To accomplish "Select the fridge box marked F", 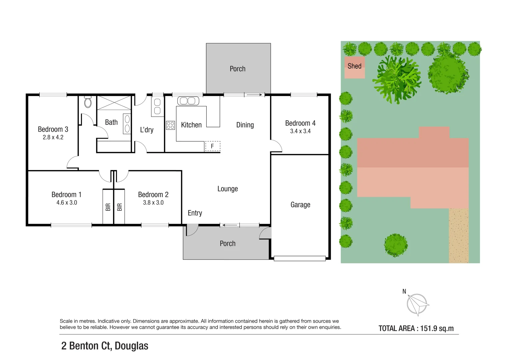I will [x=212, y=146].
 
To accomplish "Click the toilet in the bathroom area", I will [x=88, y=102].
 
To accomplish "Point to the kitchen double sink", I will [x=188, y=101].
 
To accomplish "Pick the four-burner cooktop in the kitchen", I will [x=170, y=125].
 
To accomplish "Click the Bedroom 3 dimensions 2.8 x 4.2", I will [x=53, y=137].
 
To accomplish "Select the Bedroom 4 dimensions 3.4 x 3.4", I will [x=300, y=131].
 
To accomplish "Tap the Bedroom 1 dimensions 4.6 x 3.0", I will [x=67, y=203].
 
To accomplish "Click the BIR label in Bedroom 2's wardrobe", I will [x=120, y=207].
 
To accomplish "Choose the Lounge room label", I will [x=228, y=189].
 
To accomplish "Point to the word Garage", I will [x=300, y=205].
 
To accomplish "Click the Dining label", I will [x=245, y=125].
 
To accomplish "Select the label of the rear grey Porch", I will [x=237, y=69].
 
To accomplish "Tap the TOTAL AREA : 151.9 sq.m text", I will [x=416, y=328].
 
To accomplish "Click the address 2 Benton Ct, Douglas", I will [x=105, y=346].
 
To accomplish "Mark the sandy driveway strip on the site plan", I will [x=459, y=235].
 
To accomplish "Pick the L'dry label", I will [x=147, y=130].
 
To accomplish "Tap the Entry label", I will [x=195, y=213].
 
